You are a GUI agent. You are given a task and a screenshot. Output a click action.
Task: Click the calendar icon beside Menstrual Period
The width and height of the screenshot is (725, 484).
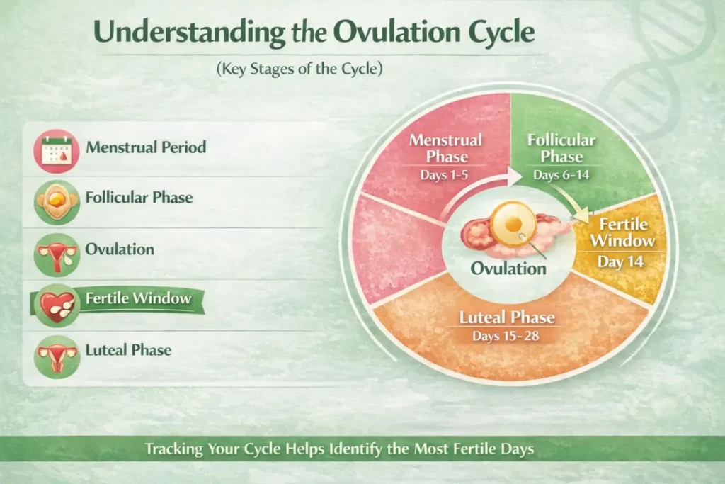click(57, 152)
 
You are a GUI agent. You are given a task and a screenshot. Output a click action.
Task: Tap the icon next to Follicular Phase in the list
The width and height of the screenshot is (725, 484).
click(57, 203)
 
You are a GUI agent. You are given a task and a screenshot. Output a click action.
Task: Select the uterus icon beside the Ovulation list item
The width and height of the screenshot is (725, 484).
click(57, 255)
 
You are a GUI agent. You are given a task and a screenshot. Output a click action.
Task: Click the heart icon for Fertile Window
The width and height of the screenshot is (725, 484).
click(57, 306)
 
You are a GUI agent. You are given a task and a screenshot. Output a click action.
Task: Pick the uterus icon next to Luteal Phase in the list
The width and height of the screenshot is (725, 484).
click(57, 356)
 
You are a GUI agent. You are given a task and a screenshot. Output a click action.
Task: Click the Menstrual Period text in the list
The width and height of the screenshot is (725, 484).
click(146, 147)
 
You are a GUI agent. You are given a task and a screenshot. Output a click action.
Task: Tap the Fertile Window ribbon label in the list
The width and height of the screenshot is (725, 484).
click(138, 298)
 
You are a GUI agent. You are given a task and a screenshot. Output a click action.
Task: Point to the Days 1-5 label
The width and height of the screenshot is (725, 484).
click(444, 175)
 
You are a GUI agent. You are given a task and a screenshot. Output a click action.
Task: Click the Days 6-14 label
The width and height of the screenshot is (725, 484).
click(561, 175)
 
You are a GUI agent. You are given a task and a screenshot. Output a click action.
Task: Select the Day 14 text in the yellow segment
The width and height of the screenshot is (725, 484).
click(620, 262)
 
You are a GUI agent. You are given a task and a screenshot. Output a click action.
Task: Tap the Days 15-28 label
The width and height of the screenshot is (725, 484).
click(506, 336)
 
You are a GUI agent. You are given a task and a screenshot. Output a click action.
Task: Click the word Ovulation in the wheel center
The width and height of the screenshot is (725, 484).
click(508, 269)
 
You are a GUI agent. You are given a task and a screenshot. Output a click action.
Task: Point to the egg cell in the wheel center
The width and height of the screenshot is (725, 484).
click(513, 225)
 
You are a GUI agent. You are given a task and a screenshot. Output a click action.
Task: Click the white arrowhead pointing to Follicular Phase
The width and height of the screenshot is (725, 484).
click(513, 176)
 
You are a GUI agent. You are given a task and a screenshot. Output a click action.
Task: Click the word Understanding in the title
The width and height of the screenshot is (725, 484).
click(189, 33)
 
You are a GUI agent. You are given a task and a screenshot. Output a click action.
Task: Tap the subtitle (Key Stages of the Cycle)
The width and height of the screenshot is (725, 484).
click(299, 69)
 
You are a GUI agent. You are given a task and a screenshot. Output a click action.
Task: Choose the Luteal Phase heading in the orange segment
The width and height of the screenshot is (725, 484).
click(507, 317)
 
